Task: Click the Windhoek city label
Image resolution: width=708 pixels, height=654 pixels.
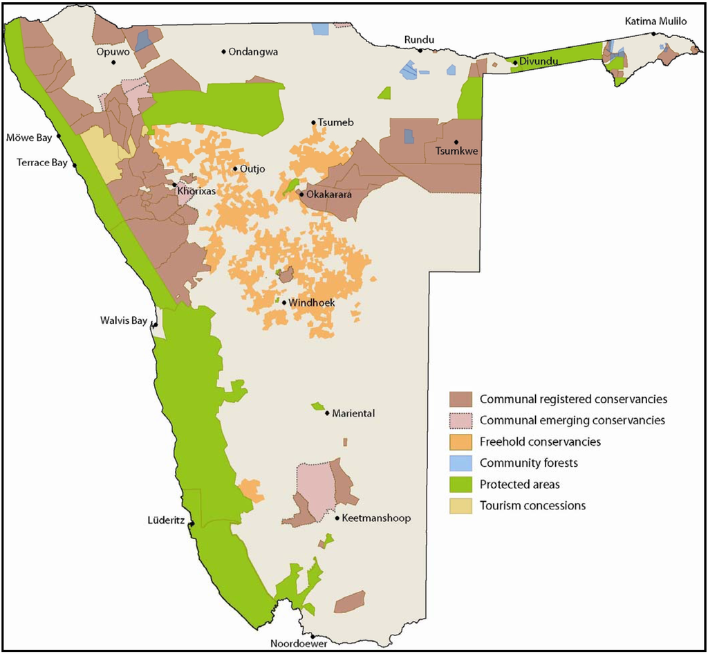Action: pyautogui.click(x=312, y=303)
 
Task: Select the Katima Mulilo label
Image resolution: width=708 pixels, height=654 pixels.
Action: pyautogui.click(x=656, y=21)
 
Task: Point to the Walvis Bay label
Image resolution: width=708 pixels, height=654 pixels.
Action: pyautogui.click(x=124, y=321)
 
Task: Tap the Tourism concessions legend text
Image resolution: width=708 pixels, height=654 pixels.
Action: pyautogui.click(x=532, y=506)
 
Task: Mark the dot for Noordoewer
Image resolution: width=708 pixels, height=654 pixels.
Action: pyautogui.click(x=313, y=636)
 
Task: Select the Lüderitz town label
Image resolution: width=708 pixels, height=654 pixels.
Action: pyautogui.click(x=166, y=520)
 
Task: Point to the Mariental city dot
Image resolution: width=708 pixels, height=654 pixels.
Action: pyautogui.click(x=326, y=413)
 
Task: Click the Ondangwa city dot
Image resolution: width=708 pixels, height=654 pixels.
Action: pyautogui.click(x=224, y=51)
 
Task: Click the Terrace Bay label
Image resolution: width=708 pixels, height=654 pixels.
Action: pyautogui.click(x=42, y=163)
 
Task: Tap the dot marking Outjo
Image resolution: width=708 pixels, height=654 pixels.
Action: pyautogui.click(x=235, y=169)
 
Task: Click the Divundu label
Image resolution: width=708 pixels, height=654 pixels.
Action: pyautogui.click(x=538, y=61)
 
